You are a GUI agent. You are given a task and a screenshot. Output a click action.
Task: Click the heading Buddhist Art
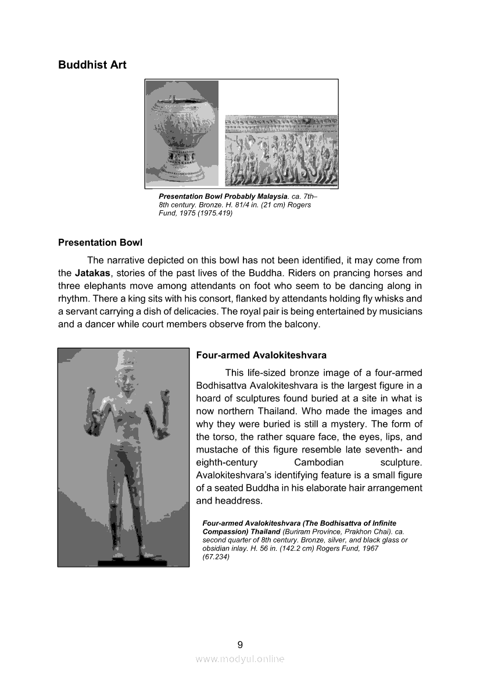[92, 64]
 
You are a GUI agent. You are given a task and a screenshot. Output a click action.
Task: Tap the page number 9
[240, 644]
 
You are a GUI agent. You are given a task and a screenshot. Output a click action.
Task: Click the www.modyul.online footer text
[240, 659]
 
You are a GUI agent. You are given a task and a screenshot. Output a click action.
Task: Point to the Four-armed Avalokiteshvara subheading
[262, 355]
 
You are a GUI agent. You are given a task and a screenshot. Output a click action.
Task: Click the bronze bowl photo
[182, 134]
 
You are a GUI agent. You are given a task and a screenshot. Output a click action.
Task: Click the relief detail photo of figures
[281, 151]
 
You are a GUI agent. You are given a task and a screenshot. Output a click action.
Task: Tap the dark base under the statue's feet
[126, 562]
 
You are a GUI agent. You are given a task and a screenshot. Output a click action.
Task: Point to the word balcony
[300, 324]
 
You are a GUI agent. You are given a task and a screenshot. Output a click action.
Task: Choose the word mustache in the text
[216, 450]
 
